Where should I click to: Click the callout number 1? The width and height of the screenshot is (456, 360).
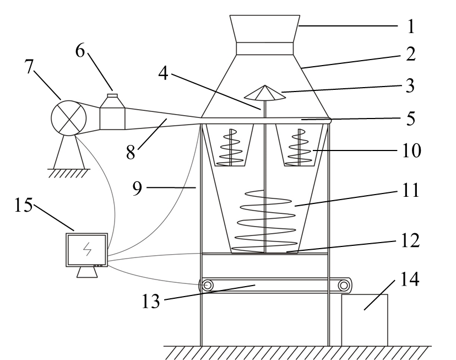(x=411, y=26)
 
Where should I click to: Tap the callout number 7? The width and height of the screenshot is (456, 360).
(x=29, y=66)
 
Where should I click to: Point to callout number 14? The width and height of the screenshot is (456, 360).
(x=410, y=280)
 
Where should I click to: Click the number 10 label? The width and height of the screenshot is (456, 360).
(x=411, y=151)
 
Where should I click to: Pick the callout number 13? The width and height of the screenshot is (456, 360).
(x=151, y=301)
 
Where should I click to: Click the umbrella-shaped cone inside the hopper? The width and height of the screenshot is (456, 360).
(x=265, y=93)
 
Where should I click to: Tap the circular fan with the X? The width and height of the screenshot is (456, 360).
(x=69, y=118)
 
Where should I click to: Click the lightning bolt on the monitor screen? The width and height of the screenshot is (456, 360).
(x=87, y=249)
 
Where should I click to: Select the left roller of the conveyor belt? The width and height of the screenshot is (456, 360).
(x=208, y=285)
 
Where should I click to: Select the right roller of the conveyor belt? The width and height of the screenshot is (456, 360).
(x=344, y=285)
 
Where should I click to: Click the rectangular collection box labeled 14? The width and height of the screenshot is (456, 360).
(x=365, y=320)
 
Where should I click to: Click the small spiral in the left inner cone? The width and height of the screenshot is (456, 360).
(x=231, y=148)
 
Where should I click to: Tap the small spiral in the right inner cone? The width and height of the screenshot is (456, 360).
(x=299, y=148)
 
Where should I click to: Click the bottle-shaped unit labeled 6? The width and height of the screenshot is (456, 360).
(x=112, y=114)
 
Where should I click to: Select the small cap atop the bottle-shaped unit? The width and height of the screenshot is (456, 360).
(x=112, y=95)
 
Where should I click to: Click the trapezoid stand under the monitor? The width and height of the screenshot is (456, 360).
(x=87, y=272)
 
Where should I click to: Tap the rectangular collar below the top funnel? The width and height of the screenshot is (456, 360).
(x=265, y=49)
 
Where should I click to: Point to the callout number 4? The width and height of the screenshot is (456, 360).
(x=163, y=73)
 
